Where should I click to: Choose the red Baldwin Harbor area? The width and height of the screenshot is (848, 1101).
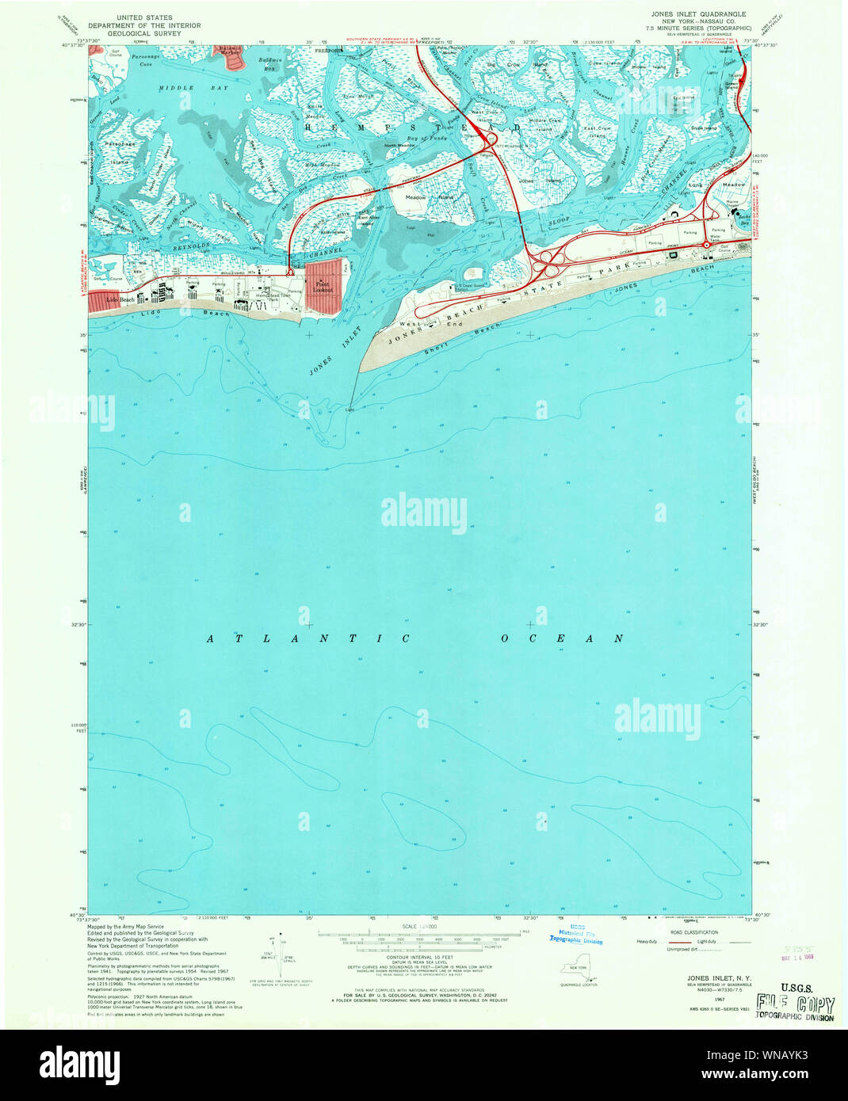(x=229, y=54)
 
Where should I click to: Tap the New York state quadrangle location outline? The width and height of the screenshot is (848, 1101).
(x=578, y=970)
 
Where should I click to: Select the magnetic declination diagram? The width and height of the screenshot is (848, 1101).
(x=280, y=958)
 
